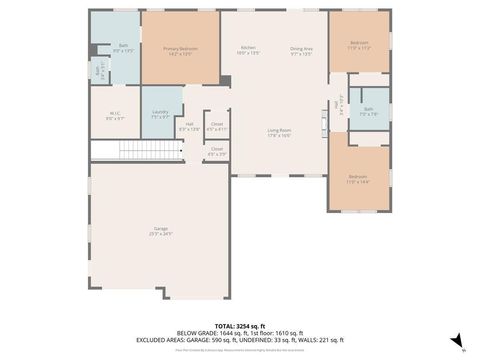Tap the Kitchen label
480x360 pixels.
click(x=248, y=48)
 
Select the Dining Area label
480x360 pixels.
click(x=301, y=48)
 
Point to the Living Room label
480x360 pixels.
click(x=278, y=130)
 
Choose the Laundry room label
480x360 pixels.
click(x=160, y=112)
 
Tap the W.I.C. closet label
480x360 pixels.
click(x=114, y=113)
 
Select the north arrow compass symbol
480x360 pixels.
click(x=456, y=341)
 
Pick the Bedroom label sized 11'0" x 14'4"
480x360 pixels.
click(x=358, y=178)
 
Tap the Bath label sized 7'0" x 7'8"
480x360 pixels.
click(x=368, y=109)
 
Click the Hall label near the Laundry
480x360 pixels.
click(x=189, y=124)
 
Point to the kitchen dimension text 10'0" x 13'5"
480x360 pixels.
click(x=248, y=53)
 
